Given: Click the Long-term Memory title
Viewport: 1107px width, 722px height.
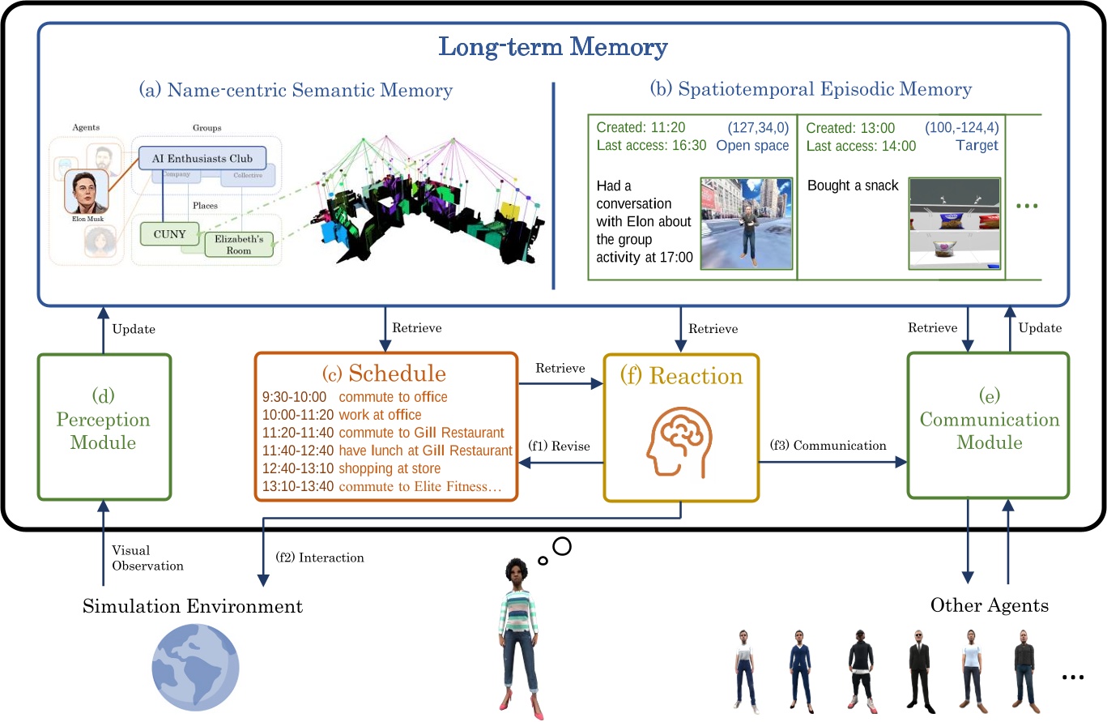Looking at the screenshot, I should click(x=553, y=48).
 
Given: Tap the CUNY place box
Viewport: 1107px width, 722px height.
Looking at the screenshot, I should click(x=168, y=235).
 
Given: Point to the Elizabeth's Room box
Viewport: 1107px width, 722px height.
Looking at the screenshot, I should click(x=239, y=245).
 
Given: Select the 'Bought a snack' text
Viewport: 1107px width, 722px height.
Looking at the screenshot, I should click(x=853, y=186).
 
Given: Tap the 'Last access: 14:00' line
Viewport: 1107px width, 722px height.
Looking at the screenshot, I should click(x=862, y=147).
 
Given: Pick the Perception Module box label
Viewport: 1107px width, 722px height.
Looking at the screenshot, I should click(x=104, y=431).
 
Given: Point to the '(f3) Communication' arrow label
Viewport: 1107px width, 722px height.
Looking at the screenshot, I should click(x=828, y=446).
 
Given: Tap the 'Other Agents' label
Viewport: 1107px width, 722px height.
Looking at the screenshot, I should click(x=989, y=605).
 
